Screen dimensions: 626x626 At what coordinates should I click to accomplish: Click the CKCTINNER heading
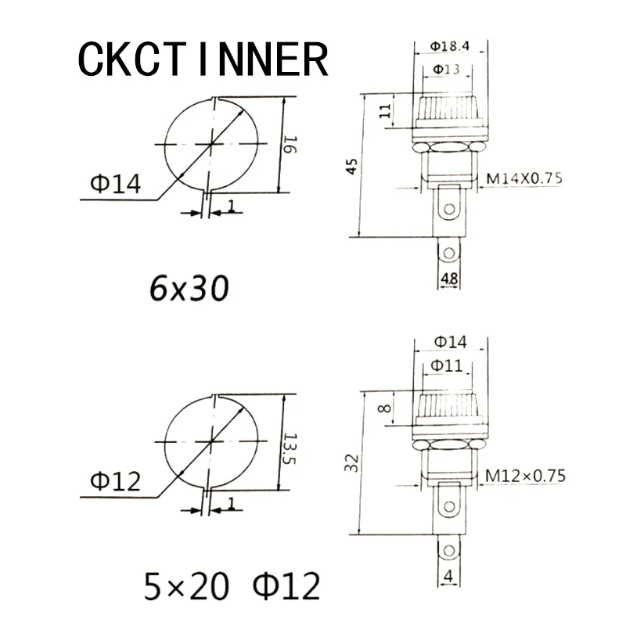[203, 59]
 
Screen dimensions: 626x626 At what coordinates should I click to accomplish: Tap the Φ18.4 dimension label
[449, 46]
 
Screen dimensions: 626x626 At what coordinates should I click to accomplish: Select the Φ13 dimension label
[446, 70]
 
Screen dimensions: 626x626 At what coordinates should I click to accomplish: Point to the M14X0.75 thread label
[524, 178]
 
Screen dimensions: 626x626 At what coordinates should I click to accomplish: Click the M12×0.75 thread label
[525, 476]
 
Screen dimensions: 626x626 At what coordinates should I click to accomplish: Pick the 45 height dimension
[351, 167]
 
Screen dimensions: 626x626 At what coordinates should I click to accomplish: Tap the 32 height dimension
[351, 463]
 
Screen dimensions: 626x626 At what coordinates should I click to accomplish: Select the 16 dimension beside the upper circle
[290, 145]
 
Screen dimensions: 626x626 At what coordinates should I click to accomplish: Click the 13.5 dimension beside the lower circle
[288, 448]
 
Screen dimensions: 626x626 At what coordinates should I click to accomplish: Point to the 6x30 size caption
[189, 288]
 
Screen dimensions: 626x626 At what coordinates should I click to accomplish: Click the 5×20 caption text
[186, 586]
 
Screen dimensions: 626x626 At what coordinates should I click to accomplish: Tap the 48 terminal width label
[449, 279]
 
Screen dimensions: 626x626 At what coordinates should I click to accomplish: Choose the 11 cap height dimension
[385, 111]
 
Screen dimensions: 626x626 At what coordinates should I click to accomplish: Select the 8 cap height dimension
[384, 408]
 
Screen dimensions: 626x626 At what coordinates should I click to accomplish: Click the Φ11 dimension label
[446, 365]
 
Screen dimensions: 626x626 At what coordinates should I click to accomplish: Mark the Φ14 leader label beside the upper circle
[116, 184]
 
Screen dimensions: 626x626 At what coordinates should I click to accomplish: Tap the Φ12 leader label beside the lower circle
[116, 481]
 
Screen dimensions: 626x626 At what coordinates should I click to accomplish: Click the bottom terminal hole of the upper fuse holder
[448, 253]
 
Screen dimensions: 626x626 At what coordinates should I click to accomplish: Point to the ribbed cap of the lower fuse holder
[448, 409]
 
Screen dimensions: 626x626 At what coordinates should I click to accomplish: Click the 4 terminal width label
[448, 576]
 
